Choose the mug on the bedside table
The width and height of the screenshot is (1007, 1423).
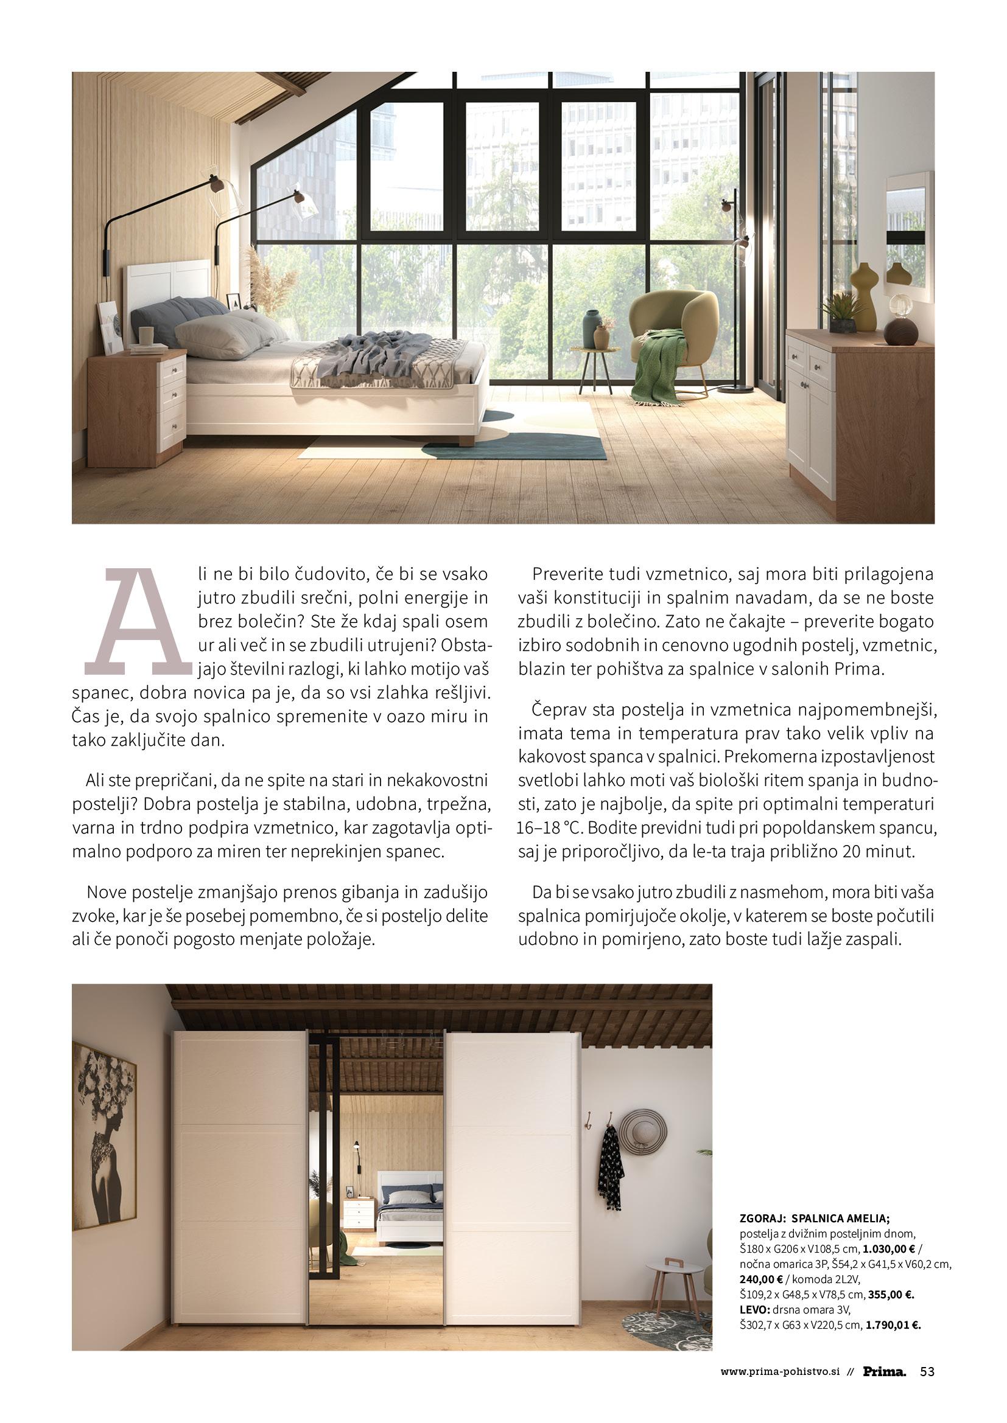click(x=145, y=335)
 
